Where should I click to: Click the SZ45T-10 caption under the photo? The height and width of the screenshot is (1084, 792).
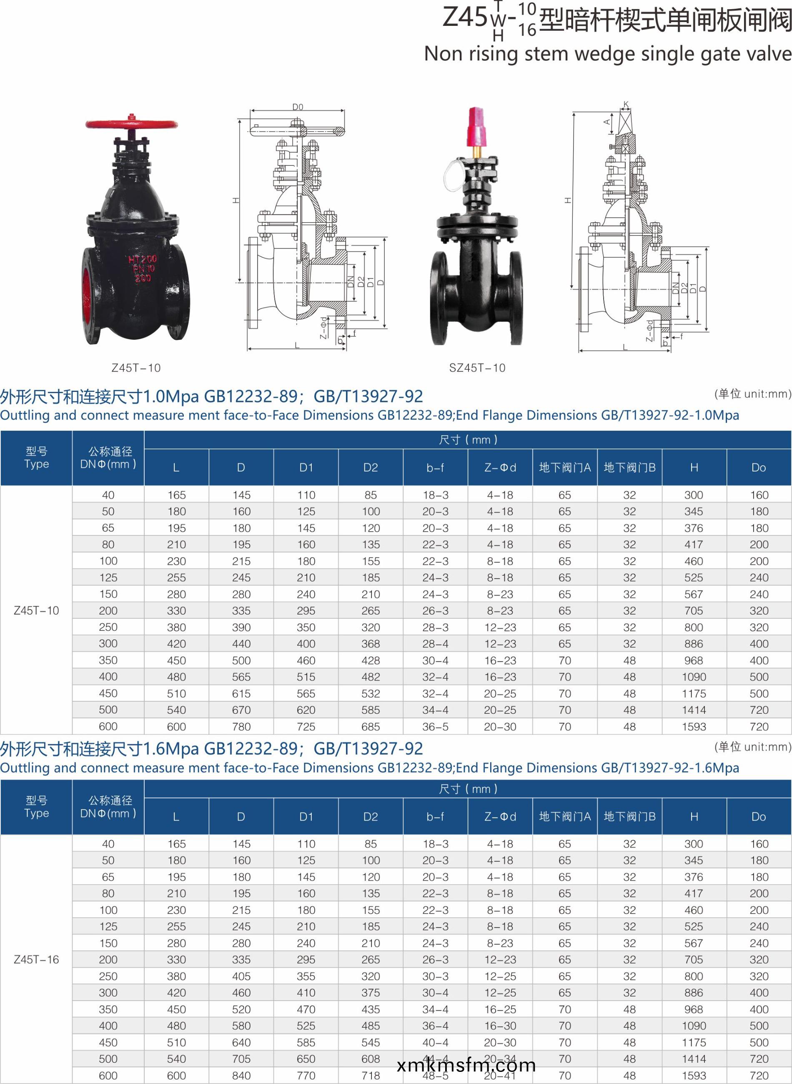point(477,368)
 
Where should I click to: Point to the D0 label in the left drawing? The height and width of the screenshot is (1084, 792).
point(298,107)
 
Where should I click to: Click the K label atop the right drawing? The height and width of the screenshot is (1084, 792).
point(626,105)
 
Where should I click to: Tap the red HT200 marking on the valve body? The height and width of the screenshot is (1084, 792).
point(143,259)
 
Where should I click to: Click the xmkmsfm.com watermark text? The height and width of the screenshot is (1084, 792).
point(466,1065)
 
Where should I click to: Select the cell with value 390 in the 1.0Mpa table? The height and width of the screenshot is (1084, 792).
point(241,627)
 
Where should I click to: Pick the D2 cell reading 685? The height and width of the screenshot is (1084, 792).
point(371,727)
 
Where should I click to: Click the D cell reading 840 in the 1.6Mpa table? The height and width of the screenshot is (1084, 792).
point(241,1076)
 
